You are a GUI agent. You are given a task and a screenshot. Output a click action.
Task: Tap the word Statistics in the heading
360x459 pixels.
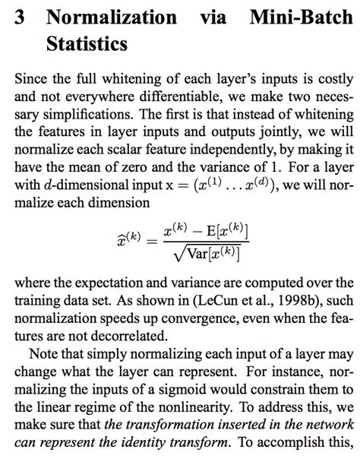click(x=87, y=44)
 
